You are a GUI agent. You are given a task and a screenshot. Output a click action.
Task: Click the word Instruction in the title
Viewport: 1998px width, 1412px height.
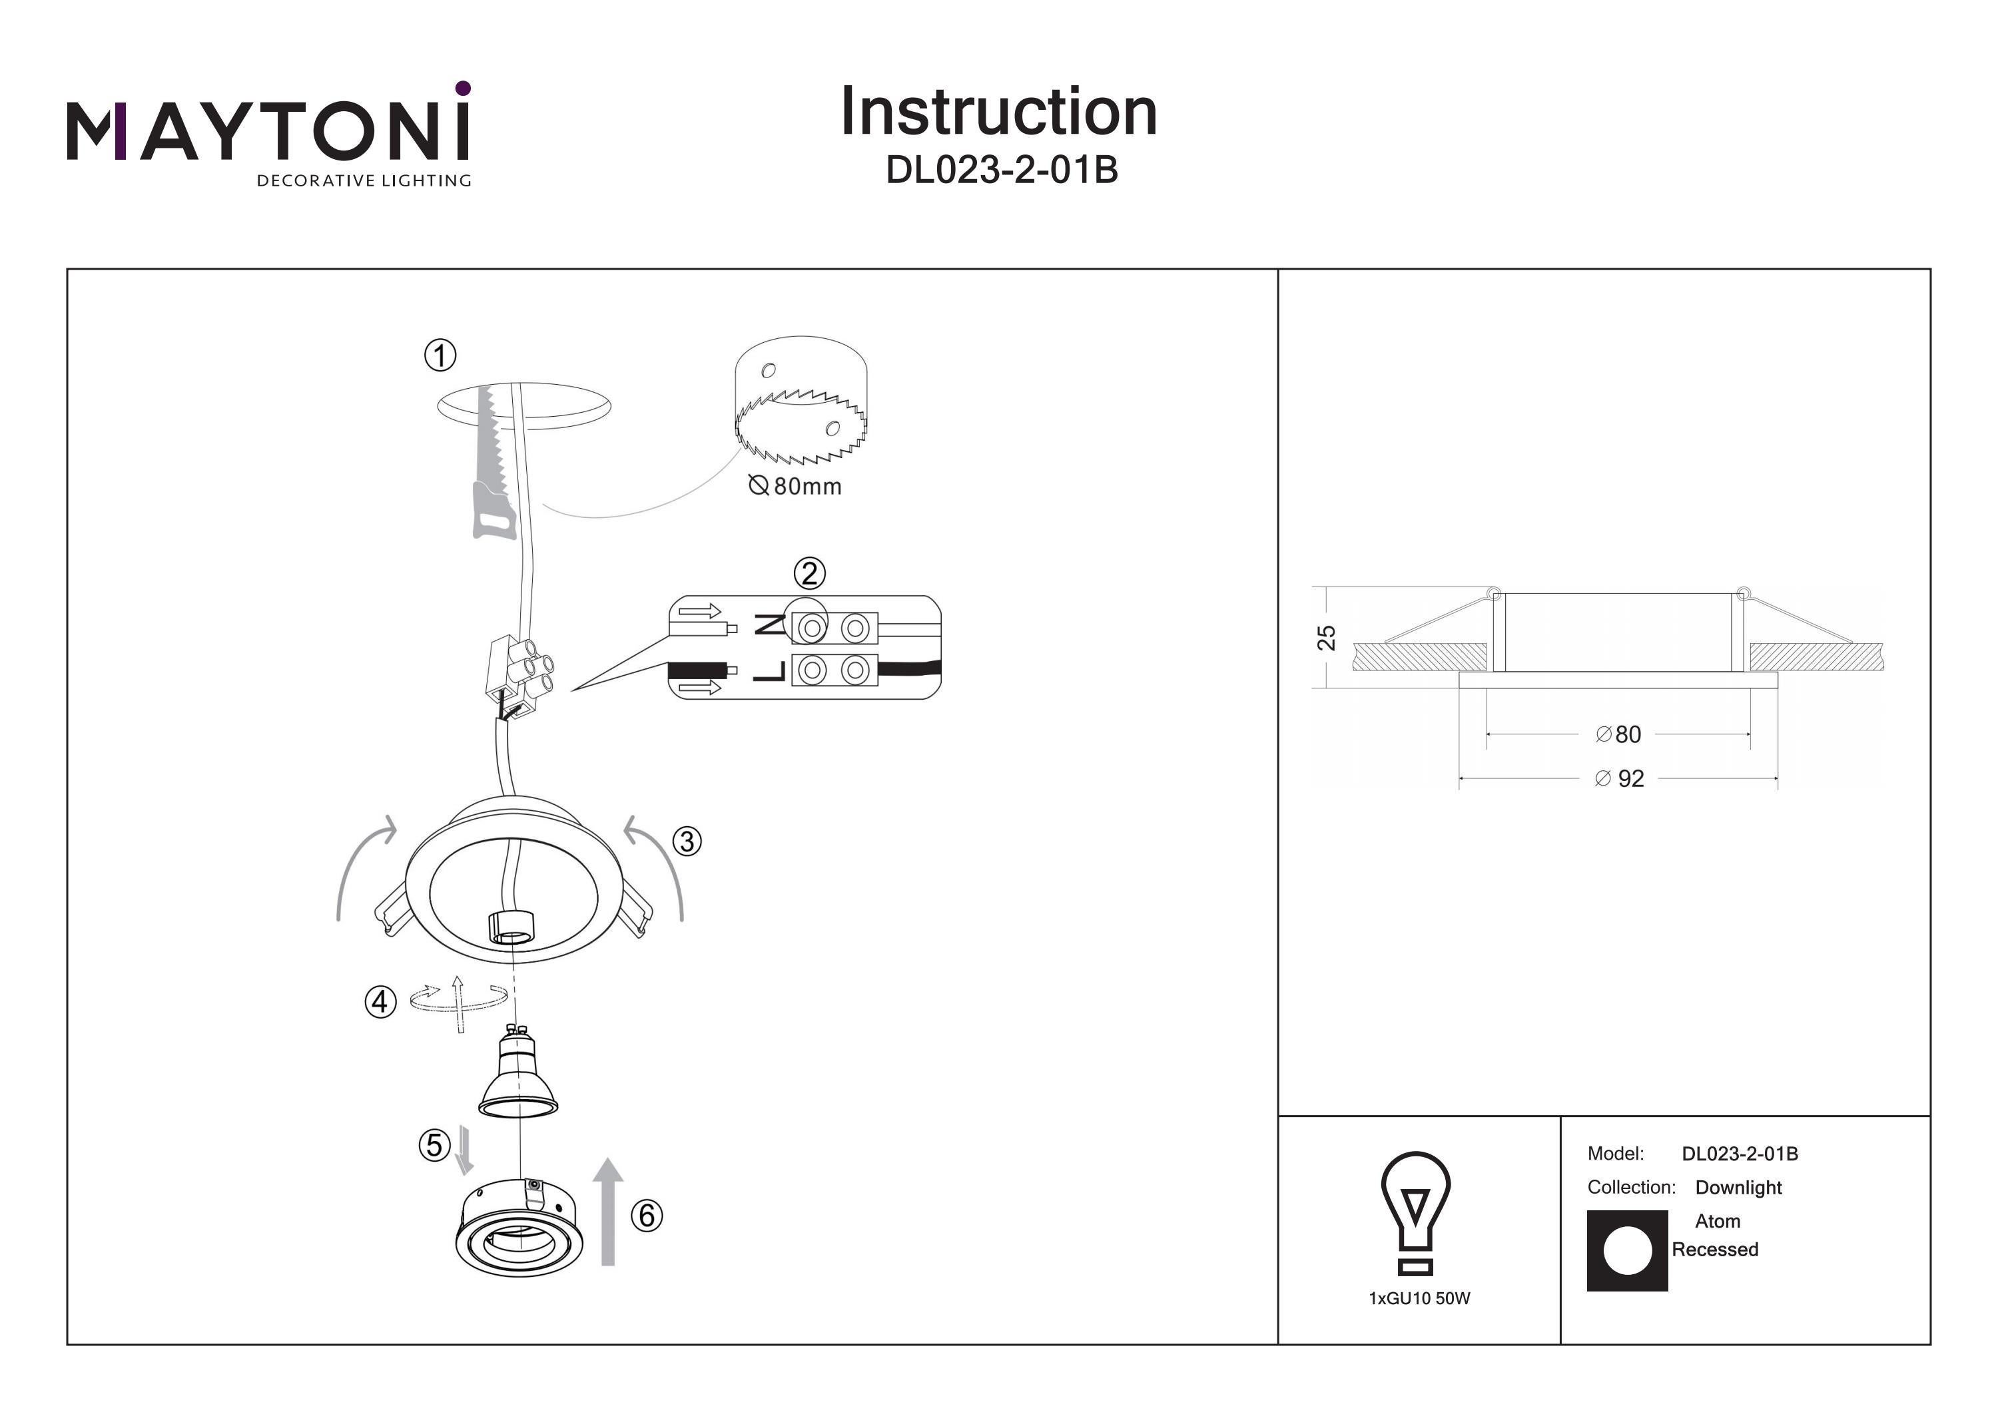[998, 113]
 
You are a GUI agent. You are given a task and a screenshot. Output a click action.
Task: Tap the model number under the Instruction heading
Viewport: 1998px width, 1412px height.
[1001, 170]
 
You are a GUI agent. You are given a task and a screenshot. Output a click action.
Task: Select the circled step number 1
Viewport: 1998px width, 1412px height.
[440, 355]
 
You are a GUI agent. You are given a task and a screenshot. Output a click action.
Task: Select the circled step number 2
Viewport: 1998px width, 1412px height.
[809, 575]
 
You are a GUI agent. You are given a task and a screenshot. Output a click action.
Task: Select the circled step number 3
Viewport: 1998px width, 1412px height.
[687, 841]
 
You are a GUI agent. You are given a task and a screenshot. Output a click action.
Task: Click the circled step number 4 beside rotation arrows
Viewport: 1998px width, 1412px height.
[380, 1002]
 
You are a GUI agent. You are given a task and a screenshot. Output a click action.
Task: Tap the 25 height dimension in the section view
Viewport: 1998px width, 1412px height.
[1325, 638]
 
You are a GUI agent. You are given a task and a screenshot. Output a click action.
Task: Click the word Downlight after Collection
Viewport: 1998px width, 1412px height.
[1738, 1188]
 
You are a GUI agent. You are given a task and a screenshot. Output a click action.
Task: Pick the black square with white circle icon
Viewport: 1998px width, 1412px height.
[1626, 1250]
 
